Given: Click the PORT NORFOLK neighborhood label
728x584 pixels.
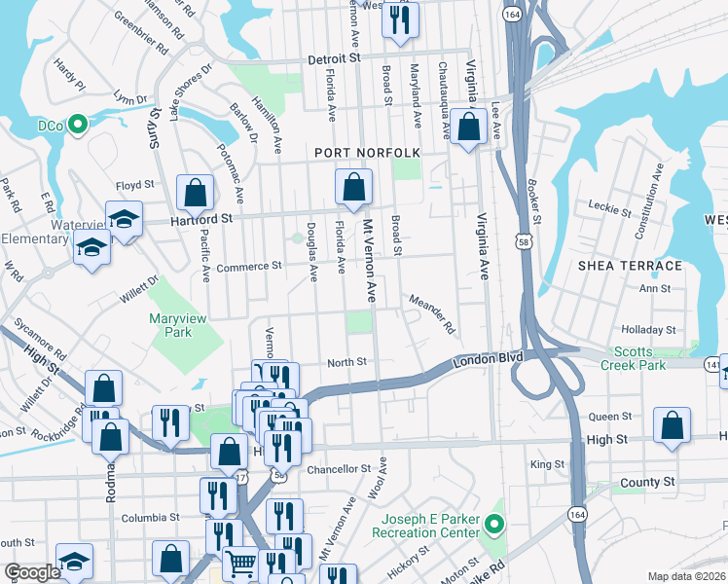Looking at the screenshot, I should pos(367,153).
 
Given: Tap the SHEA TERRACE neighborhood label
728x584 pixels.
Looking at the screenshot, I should pos(630,266).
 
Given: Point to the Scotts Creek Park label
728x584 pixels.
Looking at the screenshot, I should pos(652,358).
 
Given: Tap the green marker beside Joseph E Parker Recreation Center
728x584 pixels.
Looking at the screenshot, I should pos(494,527).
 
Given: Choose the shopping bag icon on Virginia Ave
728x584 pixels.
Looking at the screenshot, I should pos(468,128).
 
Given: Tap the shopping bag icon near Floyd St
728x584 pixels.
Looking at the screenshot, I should pos(195,193).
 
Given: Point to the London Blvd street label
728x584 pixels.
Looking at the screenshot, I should pos(483,361).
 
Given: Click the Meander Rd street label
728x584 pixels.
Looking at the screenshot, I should pos(432,313).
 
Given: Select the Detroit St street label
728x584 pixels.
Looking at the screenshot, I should pos(334,58).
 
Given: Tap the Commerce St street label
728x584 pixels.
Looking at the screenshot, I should pos(248,265).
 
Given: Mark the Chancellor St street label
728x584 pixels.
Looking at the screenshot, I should pos(339,469).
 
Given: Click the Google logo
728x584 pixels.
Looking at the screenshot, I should pos(32,572).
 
